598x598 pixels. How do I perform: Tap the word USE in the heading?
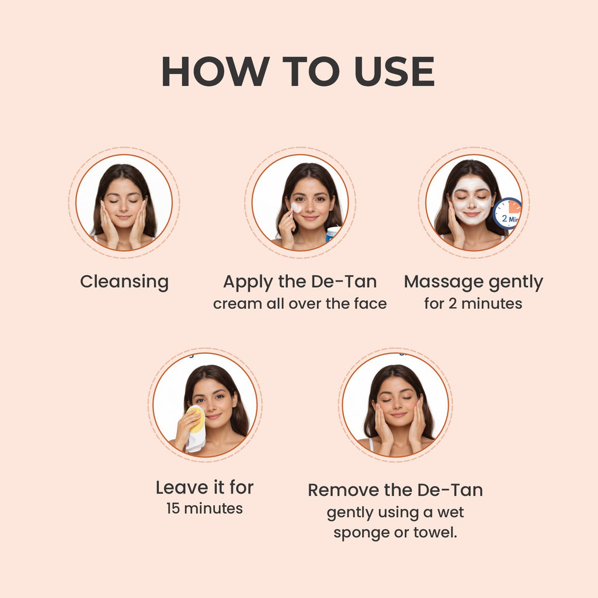click(395, 71)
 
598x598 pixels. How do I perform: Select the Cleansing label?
click(124, 283)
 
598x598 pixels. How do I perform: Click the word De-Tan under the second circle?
click(344, 282)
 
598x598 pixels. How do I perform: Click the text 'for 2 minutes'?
click(473, 304)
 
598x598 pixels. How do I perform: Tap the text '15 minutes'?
click(204, 509)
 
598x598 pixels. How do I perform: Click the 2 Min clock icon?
click(507, 214)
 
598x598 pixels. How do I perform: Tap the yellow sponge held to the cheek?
click(196, 419)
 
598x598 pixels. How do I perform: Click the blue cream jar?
click(332, 233)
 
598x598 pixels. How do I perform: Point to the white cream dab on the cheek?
click(296, 208)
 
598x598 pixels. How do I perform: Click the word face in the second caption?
click(370, 304)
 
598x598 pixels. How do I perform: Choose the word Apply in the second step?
click(248, 283)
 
